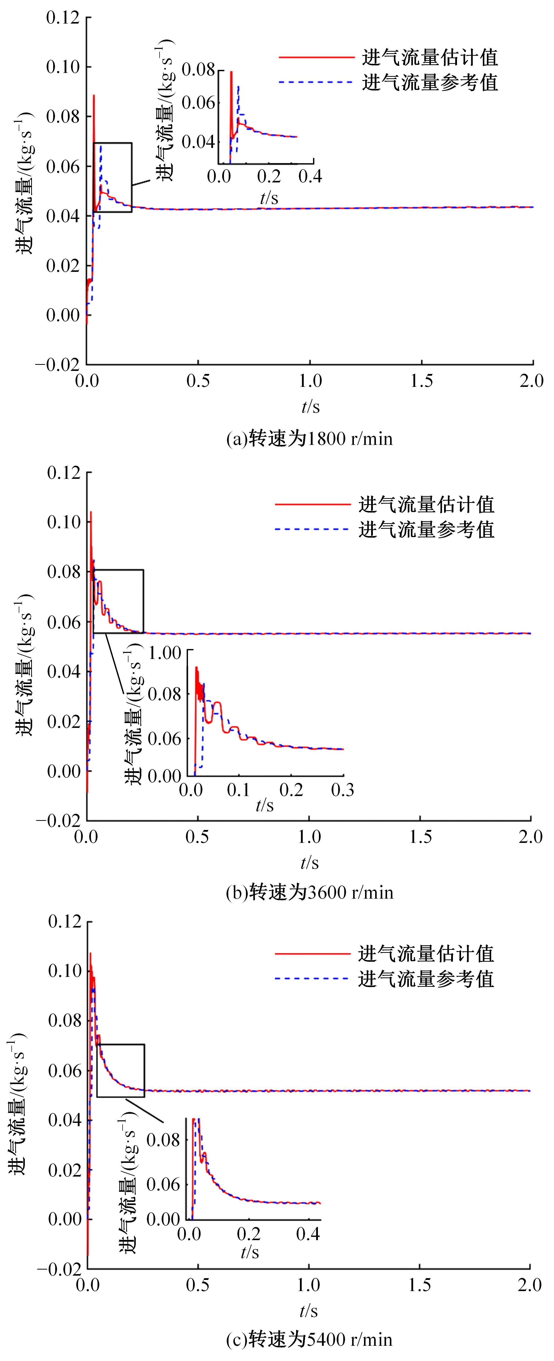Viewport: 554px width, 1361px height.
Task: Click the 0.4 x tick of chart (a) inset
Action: (310, 176)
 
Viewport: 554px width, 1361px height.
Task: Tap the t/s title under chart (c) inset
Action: (250, 1252)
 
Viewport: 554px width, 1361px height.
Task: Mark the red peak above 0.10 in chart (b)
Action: (90, 512)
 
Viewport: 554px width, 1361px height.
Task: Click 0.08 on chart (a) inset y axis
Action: (198, 69)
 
